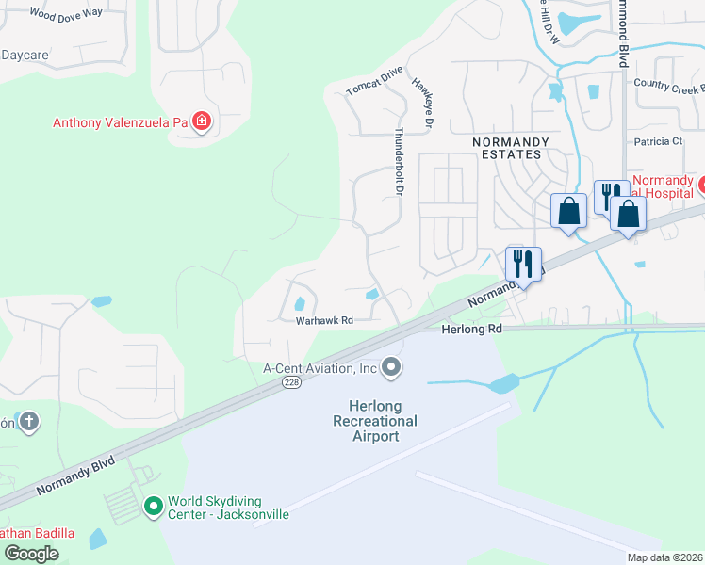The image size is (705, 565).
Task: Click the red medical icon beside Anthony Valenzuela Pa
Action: (201, 121)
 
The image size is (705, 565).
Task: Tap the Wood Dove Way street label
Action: (65, 13)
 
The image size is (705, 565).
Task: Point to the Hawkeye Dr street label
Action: (421, 103)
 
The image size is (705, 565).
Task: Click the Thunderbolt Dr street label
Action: (400, 162)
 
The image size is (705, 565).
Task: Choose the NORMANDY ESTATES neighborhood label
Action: (507, 147)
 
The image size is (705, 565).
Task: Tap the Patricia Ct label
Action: (657, 141)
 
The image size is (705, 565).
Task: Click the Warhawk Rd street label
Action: (324, 320)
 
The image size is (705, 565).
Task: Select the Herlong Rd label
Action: (471, 330)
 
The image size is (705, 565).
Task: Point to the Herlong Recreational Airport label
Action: (375, 420)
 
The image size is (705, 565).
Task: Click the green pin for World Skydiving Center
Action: (153, 507)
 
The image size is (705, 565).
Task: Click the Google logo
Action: (31, 554)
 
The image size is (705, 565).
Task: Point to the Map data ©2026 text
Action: (664, 557)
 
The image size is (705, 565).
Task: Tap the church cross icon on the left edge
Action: (29, 421)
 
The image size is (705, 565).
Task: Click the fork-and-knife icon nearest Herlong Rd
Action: (522, 263)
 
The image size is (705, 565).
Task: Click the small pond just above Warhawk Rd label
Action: (301, 303)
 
